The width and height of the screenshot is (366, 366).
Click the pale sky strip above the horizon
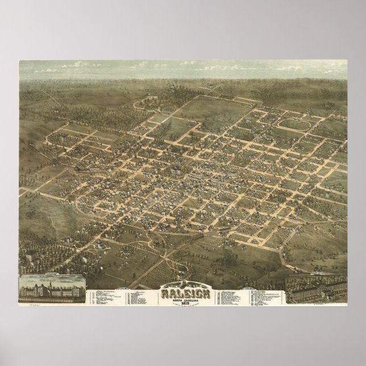click(x=182, y=68)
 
